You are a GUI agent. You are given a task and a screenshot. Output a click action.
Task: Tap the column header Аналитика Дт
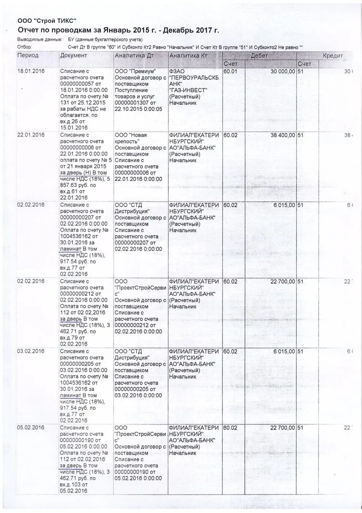pyautogui.click(x=133, y=56)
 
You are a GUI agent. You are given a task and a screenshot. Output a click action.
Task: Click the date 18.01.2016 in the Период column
pyautogui.click(x=31, y=71)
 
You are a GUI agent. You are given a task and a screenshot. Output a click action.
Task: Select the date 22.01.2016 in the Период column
pyautogui.click(x=31, y=135)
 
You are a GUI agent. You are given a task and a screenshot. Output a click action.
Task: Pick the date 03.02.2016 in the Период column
pyautogui.click(x=31, y=351)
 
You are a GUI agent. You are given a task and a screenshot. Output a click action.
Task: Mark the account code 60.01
pyautogui.click(x=231, y=71)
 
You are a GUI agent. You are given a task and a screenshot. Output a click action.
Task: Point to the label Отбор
pyautogui.click(x=24, y=47)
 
